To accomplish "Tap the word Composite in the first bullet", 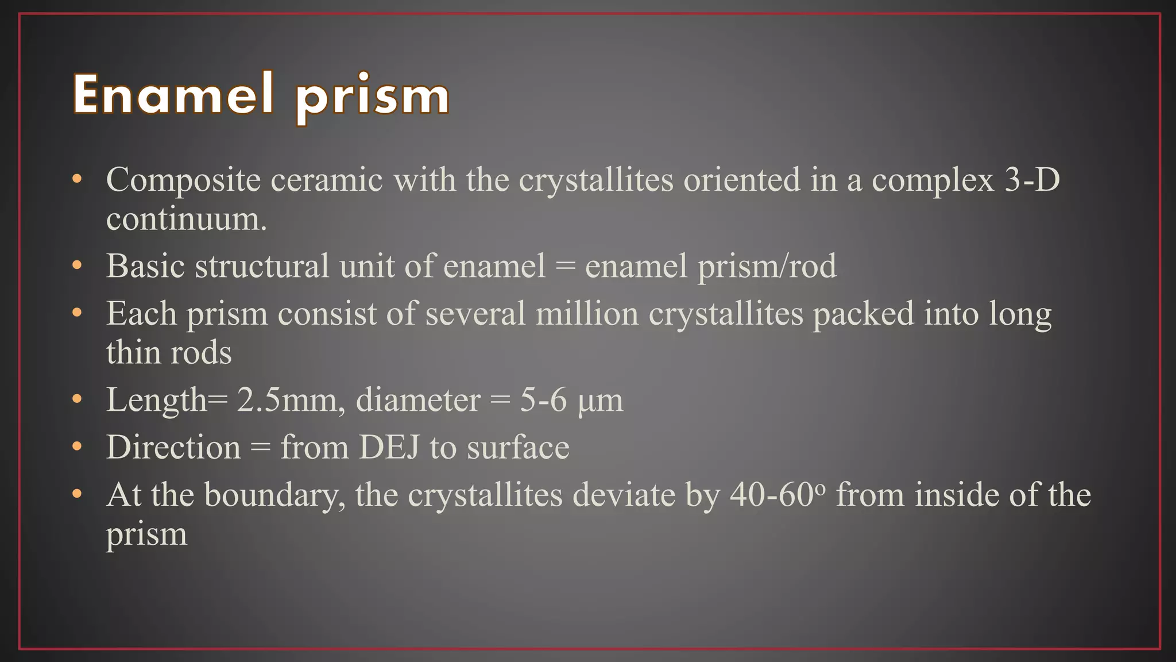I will click(x=183, y=180).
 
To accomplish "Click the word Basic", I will click(x=145, y=266).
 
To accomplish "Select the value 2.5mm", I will click(x=291, y=400).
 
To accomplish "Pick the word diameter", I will click(x=418, y=400).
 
